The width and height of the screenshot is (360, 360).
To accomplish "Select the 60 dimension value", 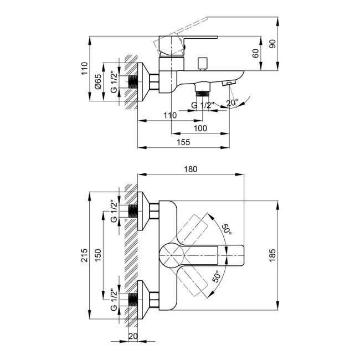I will coord(255,54).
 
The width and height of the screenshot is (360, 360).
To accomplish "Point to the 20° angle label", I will coord(233,103).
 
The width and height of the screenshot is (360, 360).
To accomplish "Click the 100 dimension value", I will coord(200,128).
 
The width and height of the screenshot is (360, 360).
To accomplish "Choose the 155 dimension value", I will coord(183,142).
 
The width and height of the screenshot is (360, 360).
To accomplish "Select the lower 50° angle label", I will coord(217,277).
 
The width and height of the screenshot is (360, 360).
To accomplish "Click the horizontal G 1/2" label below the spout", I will coord(202,105).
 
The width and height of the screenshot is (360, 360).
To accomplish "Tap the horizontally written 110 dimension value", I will coord(170,115).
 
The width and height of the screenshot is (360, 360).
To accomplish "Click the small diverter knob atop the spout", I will coord(202,61).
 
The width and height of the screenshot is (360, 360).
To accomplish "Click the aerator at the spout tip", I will coord(228,84).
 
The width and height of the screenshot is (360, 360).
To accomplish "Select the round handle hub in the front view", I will coord(171,256).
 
